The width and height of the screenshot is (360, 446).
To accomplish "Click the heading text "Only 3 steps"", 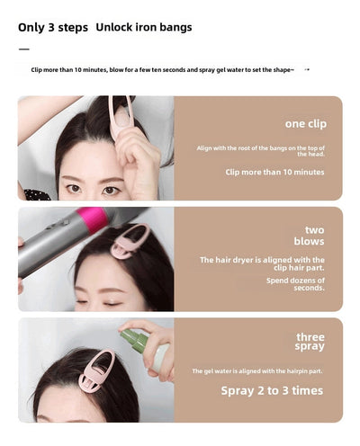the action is coord(53,28).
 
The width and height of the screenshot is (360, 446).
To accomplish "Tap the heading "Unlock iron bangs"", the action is coord(144,27).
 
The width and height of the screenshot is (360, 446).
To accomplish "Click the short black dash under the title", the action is coord(24,49).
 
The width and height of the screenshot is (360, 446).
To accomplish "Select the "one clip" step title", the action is coord(306,124).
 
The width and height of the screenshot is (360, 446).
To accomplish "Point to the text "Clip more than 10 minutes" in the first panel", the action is coord(274,172).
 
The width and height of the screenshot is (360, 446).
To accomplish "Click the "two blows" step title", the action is coord(310,236).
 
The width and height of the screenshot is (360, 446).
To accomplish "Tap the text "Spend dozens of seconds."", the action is coord(295,284).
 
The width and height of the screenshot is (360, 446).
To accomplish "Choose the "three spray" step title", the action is coord(310,342).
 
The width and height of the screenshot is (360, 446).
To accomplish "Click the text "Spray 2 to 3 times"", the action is coord(272,390).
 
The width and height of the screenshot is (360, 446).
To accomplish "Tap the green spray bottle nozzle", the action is coord(134,340).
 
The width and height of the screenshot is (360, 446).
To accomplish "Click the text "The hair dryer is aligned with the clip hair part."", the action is coord(262,263).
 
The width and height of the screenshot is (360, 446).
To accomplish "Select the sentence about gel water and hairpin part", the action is coord(257,371).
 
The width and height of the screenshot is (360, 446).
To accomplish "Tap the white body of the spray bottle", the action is coord(160,358).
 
